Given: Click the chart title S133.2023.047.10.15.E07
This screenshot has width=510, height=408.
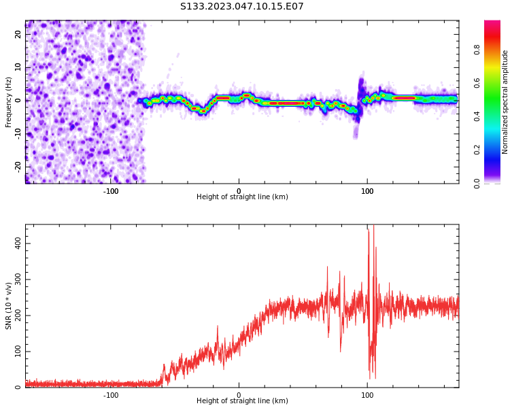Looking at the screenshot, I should [242, 7].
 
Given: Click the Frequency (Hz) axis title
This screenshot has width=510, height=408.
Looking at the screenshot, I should [9, 102].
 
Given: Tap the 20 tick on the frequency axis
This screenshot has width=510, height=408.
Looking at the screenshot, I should [18, 35].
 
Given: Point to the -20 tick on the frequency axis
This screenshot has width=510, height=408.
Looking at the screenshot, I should [18, 166].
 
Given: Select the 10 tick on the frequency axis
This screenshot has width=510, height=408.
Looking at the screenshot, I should [18, 67].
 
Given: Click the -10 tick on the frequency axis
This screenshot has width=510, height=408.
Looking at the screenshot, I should [18, 133].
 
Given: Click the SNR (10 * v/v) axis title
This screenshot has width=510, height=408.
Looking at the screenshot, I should [9, 306].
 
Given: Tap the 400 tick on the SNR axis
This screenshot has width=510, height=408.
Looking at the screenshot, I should [14, 243].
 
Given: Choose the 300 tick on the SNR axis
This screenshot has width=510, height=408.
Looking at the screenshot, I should [14, 279].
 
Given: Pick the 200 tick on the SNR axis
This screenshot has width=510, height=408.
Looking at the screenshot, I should [14, 316].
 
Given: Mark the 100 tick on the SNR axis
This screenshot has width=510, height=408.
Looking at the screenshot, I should [14, 352].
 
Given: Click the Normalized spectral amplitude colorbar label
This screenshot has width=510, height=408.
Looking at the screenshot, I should [505, 102].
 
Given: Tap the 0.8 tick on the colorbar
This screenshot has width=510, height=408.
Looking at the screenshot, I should [477, 50].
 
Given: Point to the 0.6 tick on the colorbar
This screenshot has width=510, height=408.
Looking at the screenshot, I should [477, 83].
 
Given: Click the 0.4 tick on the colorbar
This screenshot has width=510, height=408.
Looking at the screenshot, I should [477, 116].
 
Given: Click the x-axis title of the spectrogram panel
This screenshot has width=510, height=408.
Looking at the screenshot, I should [242, 197].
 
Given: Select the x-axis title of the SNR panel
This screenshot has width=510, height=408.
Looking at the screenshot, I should [242, 401].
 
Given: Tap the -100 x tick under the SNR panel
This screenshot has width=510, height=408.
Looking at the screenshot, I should [110, 395].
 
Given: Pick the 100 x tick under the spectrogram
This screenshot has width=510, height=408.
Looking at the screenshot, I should [367, 191].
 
